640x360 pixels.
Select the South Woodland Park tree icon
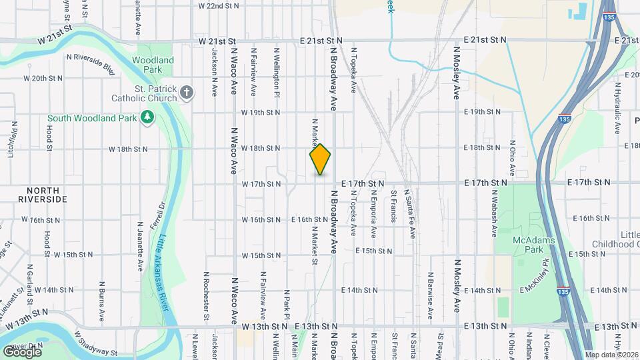coord(147,118)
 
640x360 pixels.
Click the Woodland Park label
coord(153,65)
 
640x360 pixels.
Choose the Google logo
coord(22,351)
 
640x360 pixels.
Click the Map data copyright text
coord(611,354)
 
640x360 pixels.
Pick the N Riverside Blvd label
coord(91,63)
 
